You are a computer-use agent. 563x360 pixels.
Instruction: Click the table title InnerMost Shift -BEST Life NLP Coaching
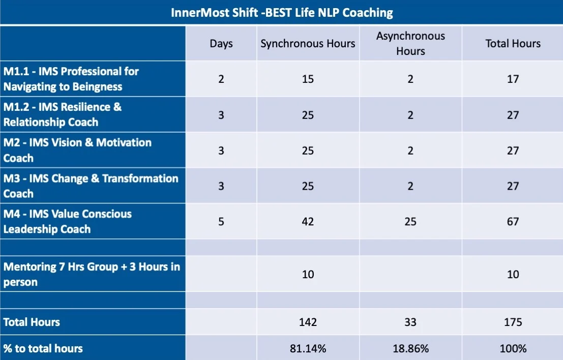click(282, 13)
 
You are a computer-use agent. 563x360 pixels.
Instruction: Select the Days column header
click(221, 43)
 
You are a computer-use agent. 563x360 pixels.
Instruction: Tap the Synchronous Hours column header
click(308, 43)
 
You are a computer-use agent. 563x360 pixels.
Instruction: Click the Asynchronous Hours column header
click(410, 43)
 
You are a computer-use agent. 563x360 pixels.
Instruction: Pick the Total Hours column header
click(513, 43)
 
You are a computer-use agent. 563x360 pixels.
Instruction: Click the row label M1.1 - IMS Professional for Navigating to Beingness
click(71, 79)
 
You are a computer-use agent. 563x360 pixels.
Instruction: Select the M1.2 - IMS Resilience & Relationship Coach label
click(63, 114)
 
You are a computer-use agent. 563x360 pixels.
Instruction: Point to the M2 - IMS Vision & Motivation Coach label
click(77, 150)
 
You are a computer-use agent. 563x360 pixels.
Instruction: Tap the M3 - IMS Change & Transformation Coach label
click(91, 186)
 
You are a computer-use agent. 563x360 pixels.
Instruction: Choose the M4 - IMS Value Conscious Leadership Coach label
click(68, 222)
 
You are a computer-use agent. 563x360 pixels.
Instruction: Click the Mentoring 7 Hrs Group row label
click(92, 274)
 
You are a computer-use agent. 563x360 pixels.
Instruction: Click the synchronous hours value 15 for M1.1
click(308, 79)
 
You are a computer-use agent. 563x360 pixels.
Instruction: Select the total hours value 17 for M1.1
click(513, 79)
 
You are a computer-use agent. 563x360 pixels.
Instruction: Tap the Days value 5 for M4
click(221, 222)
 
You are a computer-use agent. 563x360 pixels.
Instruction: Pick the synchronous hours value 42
click(308, 222)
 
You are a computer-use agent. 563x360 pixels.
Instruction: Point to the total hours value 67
click(513, 222)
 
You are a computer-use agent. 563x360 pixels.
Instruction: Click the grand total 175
click(513, 322)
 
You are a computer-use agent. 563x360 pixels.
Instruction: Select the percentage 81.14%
click(308, 348)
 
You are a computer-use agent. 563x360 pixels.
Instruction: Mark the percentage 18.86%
click(410, 348)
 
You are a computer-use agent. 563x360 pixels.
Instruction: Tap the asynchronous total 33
click(410, 322)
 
